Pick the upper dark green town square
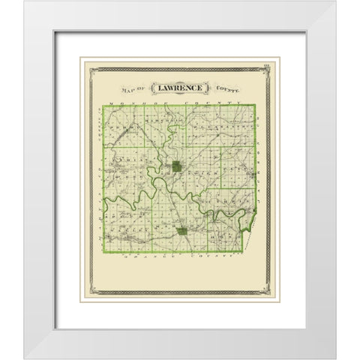click(x=175, y=167)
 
